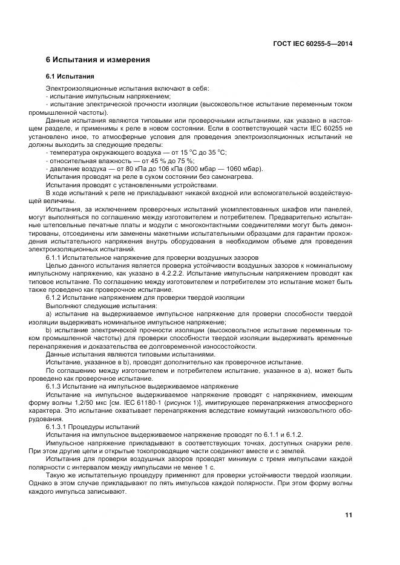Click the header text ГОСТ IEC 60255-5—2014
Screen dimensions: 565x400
[x=313, y=44]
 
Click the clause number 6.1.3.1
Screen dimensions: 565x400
[x=56, y=426]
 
